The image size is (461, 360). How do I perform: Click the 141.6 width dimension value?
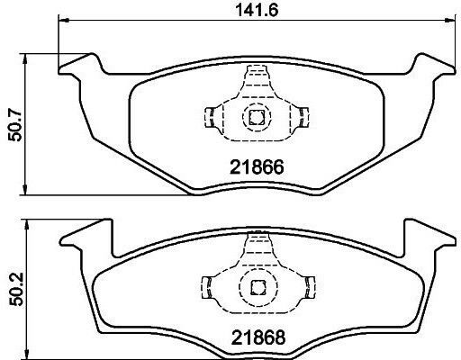pos(257,10)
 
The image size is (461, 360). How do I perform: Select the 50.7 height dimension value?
pos(15,125)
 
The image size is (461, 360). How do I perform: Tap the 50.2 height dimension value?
pos(15,289)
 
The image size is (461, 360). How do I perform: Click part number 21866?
pos(257,167)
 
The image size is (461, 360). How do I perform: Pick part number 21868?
pos(258,337)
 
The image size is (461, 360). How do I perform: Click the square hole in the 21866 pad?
pos(257,117)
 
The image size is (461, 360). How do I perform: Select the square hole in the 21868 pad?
pos(258,287)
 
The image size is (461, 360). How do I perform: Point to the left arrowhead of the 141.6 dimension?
pos(64,20)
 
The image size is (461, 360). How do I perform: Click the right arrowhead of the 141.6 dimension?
pos(450,20)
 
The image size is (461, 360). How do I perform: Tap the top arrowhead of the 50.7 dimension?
pos(25,59)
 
